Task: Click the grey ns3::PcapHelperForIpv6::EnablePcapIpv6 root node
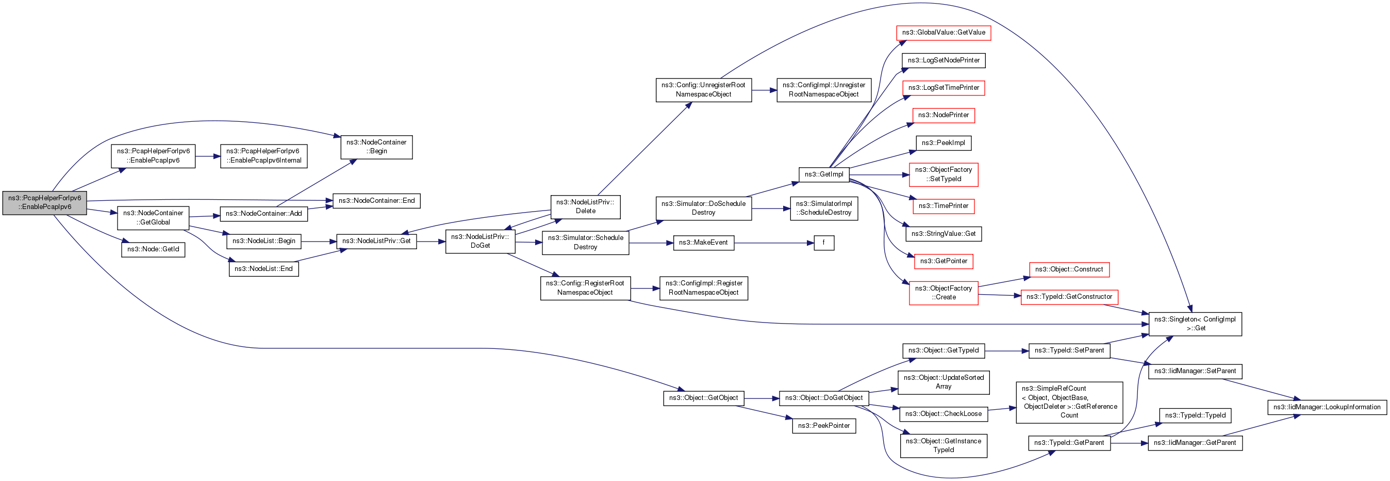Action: [44, 202]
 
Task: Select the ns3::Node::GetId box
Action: [153, 249]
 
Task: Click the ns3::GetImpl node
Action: [823, 174]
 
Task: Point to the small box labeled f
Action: [823, 243]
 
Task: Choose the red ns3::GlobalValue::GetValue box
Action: [943, 33]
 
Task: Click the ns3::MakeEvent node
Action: [703, 243]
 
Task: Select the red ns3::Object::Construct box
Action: [1069, 269]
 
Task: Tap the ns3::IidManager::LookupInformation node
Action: [1327, 407]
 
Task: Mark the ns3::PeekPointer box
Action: [823, 425]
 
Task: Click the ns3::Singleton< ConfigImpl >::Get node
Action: [1195, 324]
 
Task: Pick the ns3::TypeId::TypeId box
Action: [1195, 415]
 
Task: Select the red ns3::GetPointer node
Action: [943, 261]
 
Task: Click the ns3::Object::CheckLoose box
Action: [943, 414]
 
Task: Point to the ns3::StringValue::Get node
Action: [943, 234]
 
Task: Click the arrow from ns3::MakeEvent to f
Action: [774, 243]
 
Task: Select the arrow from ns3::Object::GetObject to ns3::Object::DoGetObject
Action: [762, 398]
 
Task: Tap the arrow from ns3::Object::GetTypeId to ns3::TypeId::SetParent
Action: [1007, 351]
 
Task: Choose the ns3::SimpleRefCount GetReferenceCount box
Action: [1069, 402]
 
